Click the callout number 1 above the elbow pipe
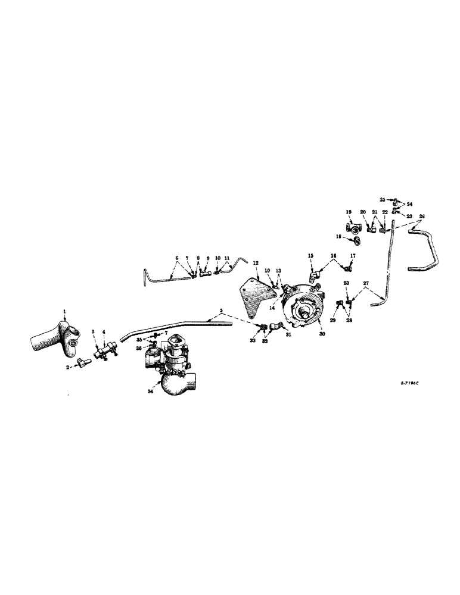pos(64,311)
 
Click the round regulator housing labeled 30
pos(304,306)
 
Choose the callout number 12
pos(254,262)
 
